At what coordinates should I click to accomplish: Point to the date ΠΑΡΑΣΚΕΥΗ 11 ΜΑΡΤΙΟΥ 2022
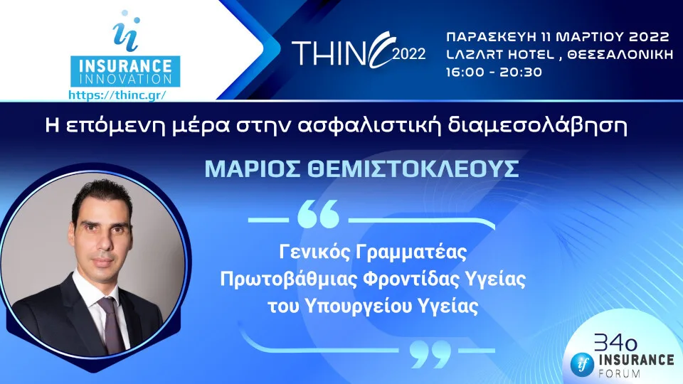tap(557, 36)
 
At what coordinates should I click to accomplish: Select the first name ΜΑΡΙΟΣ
tap(241, 170)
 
